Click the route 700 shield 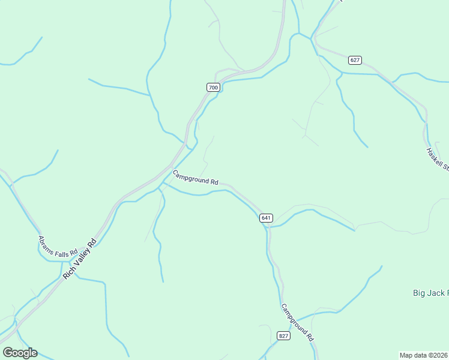point(213,88)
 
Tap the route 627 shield point(354,60)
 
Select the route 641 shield point(267,218)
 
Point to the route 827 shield point(284,335)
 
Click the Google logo point(20,353)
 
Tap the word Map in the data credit point(407,355)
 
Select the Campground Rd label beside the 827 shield point(298,322)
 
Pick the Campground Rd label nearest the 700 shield point(195,178)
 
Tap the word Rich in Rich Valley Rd point(68,273)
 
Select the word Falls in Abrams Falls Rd point(63,251)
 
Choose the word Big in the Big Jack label point(420,293)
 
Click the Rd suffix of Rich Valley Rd point(92,244)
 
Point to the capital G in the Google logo point(8,353)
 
